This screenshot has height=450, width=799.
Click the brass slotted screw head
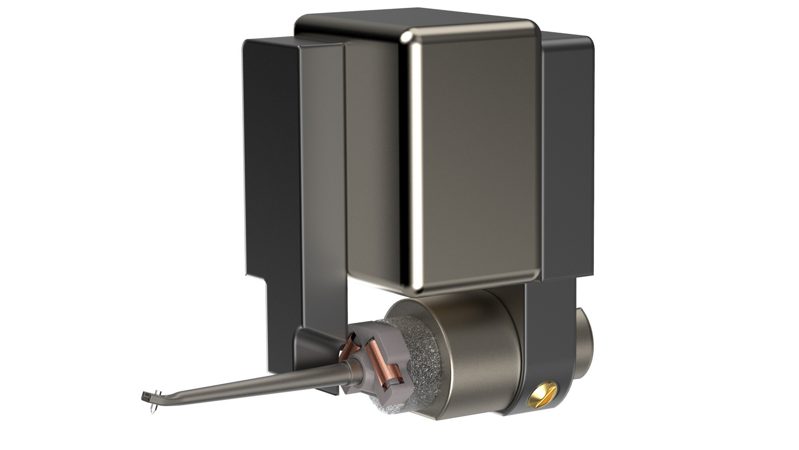pos(542,395)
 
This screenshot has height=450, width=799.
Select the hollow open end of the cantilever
pos(145,397)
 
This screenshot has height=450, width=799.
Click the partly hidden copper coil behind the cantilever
pos(349,348)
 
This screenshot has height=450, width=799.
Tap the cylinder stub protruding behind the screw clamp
pos(584,343)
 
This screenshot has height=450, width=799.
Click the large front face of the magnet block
pos(476,161)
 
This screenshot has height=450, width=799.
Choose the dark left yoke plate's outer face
pos(271,155)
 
